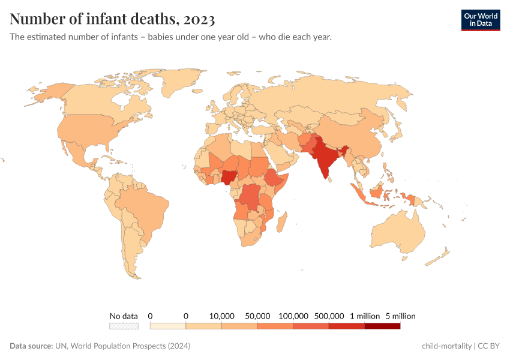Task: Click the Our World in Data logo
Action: [480, 20]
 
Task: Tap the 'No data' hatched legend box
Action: [124, 326]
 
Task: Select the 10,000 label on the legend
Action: [221, 316]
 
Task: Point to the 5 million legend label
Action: [400, 316]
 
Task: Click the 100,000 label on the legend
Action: [293, 316]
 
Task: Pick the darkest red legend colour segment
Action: [382, 326]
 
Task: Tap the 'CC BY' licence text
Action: [490, 346]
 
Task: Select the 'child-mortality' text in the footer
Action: [446, 346]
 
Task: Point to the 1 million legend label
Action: [364, 316]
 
